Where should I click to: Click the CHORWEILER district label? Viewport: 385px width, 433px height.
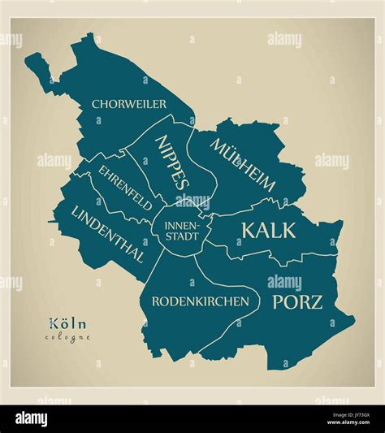point(129,104)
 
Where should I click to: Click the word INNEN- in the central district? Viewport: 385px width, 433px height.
point(180,226)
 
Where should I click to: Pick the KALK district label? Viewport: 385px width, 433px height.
point(268,230)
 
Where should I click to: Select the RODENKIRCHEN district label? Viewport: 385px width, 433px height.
point(200,301)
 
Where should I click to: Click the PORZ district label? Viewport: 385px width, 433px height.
point(297,302)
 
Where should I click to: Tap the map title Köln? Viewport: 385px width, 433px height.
point(67,323)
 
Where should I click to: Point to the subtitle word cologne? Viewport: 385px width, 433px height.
point(67,337)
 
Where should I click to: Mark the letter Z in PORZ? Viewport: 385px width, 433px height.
point(316,302)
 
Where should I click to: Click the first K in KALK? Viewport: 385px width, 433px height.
point(248,230)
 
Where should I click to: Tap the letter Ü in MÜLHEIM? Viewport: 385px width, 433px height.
point(228,152)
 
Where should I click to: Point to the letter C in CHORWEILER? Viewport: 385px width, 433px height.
point(96,104)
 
